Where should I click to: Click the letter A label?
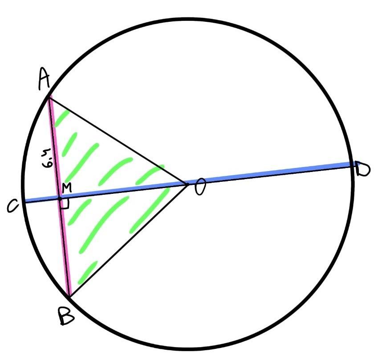pyautogui.click(x=43, y=80)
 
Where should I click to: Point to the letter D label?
pyautogui.click(x=364, y=169)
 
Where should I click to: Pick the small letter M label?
pyautogui.click(x=67, y=188)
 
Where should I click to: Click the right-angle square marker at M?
pyautogui.click(x=65, y=204)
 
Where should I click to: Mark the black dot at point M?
pyautogui.click(x=60, y=199)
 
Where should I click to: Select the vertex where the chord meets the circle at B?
pyautogui.click(x=69, y=296)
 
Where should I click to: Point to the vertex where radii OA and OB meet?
pyautogui.click(x=187, y=183)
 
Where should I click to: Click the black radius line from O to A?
pyautogui.click(x=118, y=139)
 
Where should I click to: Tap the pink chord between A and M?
pyautogui.click(x=54, y=147)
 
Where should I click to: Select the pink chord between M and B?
pyautogui.click(x=65, y=247)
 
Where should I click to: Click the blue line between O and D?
pyautogui.click(x=272, y=173)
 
